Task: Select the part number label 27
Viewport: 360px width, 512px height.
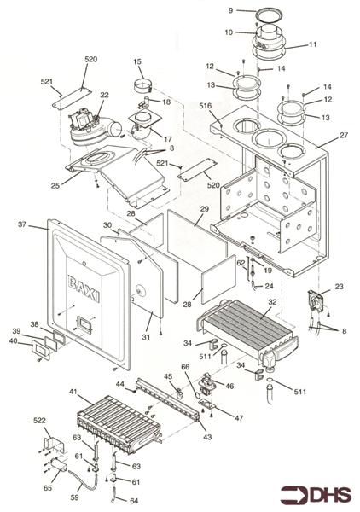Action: tap(344, 134)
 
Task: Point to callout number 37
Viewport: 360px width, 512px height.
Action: tap(21, 225)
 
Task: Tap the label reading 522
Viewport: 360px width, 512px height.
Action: tap(40, 422)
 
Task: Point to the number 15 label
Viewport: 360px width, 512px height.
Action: tap(136, 61)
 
